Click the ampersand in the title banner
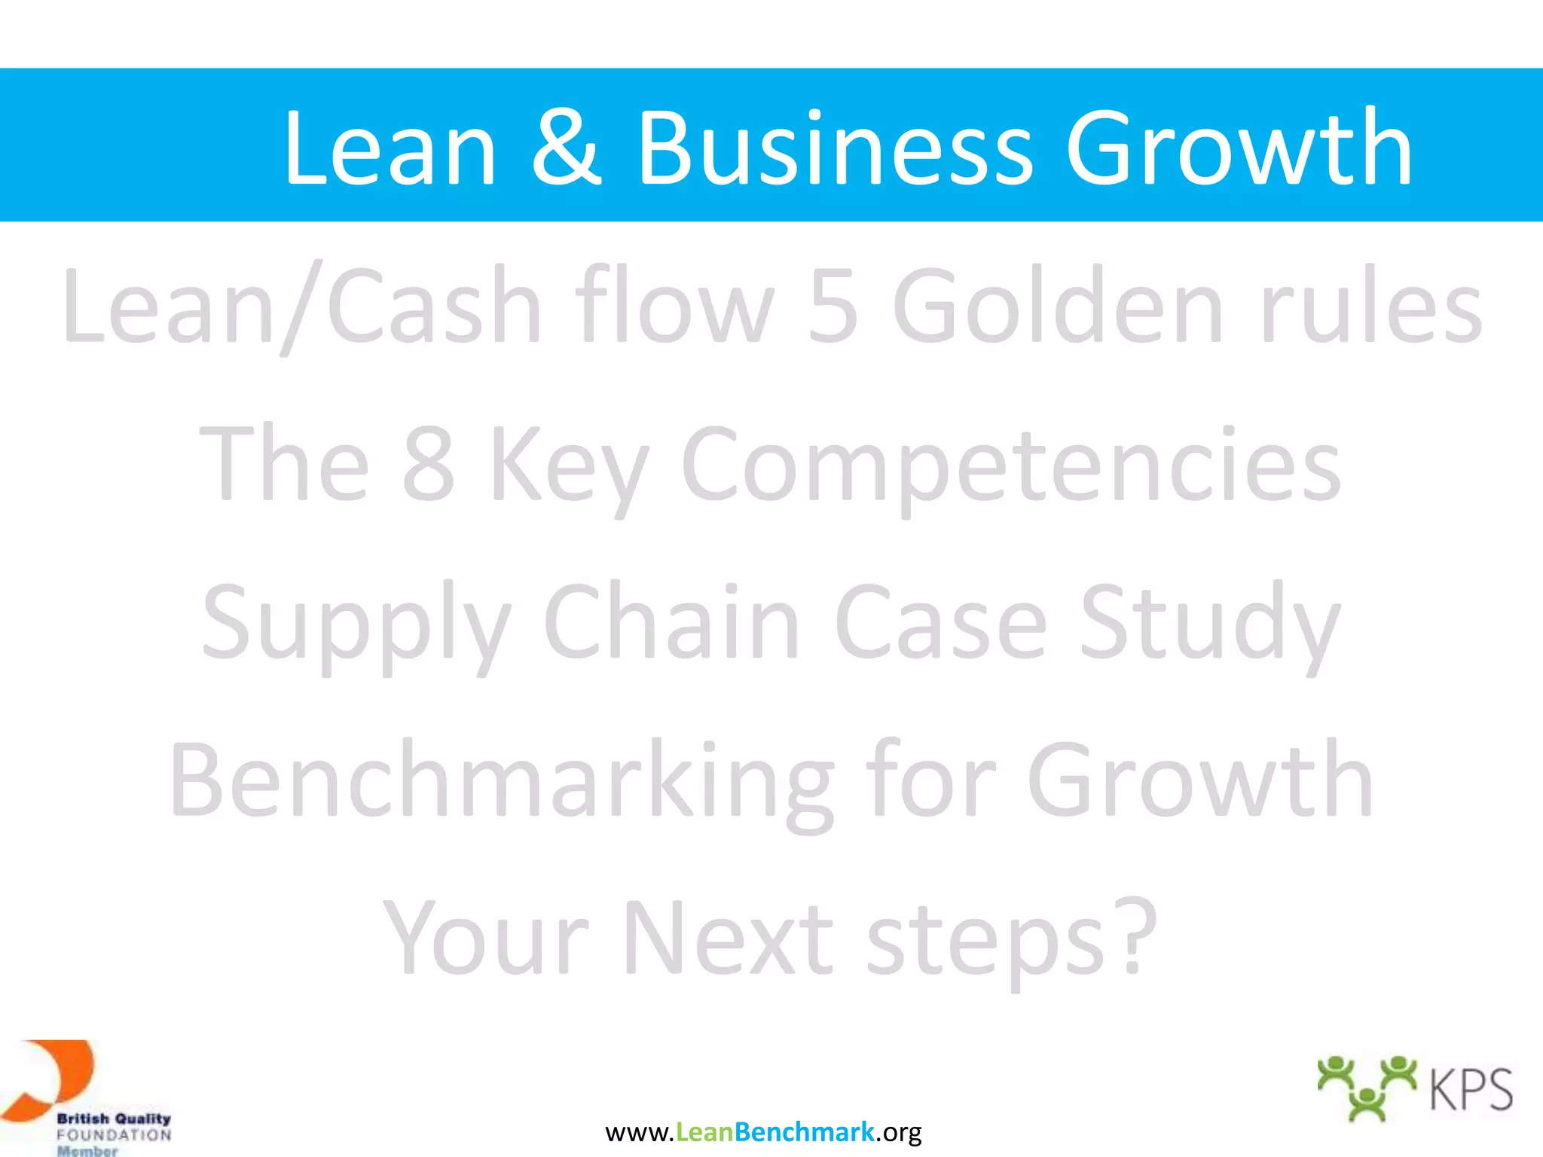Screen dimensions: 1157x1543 pos(567,148)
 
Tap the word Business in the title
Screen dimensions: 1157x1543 pos(835,148)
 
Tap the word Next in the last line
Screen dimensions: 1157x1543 pos(728,939)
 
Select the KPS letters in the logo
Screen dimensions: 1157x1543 pos(1471,1090)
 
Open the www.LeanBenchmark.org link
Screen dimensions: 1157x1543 pos(763,1132)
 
